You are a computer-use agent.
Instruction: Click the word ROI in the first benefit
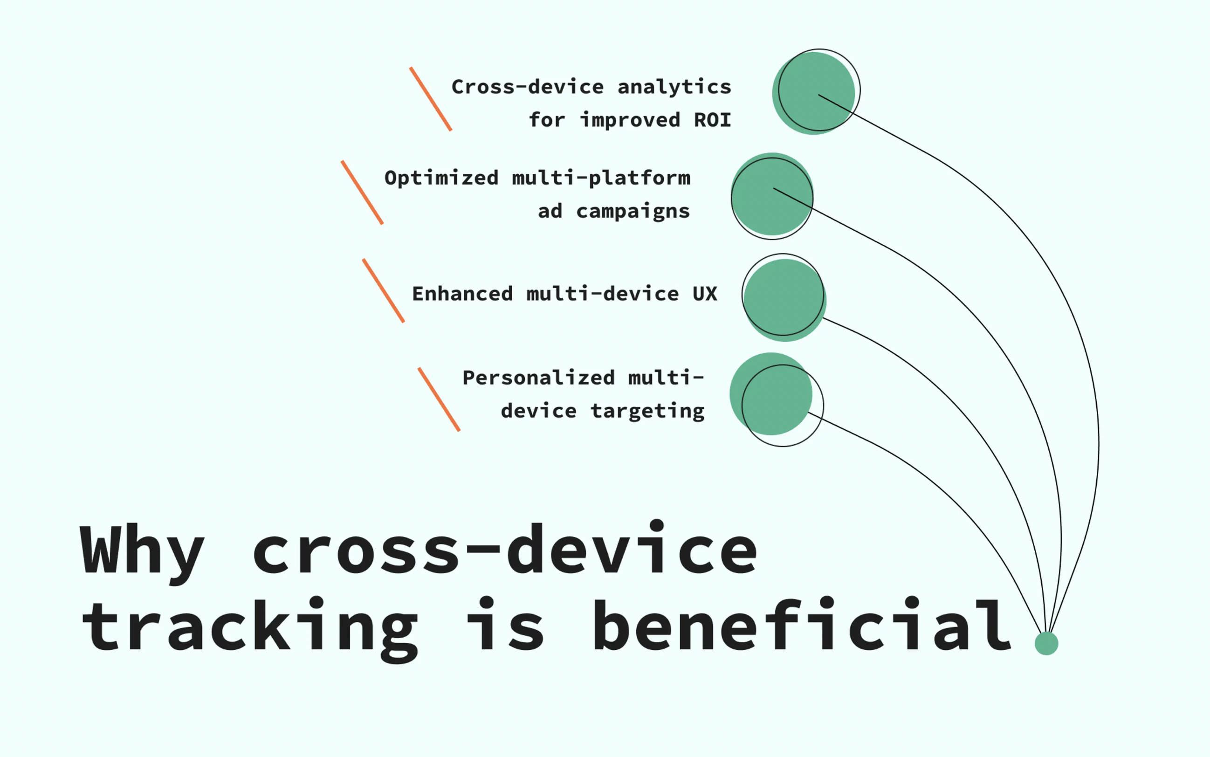[712, 120]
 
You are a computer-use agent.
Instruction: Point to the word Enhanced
[462, 294]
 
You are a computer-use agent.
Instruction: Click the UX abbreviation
[705, 294]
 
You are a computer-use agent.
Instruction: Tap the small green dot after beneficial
[1046, 643]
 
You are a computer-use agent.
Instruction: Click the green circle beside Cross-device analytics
[813, 93]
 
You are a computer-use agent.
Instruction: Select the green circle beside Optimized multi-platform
[772, 194]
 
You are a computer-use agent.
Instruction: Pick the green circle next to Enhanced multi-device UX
[784, 300]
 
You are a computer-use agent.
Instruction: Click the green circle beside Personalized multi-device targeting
[771, 394]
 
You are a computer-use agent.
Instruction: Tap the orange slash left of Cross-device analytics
[431, 99]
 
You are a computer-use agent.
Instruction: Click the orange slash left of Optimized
[362, 192]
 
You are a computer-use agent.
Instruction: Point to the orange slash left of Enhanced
[384, 290]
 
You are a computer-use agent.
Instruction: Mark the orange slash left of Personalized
[439, 399]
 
